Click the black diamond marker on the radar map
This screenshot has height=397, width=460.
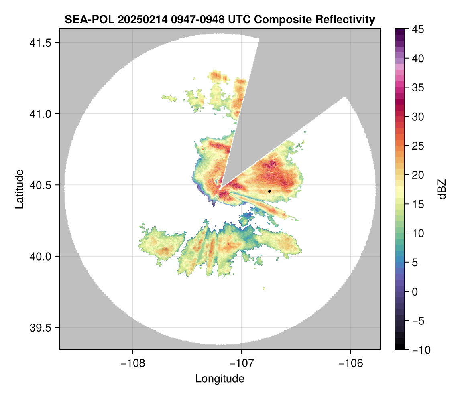tap(269, 191)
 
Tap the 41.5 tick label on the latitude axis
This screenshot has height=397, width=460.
tap(40, 43)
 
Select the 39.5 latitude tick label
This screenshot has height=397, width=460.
tap(40, 328)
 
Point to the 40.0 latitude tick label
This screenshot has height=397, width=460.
tap(40, 256)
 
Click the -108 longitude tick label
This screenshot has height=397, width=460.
tap(132, 363)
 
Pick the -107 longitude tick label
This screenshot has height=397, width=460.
tap(242, 363)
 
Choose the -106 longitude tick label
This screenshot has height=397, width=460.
tap(351, 363)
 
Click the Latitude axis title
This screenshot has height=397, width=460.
tap(20, 189)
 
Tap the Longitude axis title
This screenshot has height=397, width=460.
tap(220, 379)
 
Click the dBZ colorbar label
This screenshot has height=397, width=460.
tap(442, 189)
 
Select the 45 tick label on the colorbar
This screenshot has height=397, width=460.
tap(418, 29)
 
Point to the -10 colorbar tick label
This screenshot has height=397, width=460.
tap(421, 350)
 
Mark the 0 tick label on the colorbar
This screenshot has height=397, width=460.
tap(415, 292)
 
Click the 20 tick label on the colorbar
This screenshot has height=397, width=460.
tap(418, 175)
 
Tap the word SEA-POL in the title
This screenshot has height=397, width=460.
tap(90, 20)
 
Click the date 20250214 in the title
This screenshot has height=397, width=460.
tap(142, 20)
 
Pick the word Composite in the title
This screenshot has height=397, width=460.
tap(283, 20)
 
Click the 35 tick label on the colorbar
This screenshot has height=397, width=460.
tap(418, 87)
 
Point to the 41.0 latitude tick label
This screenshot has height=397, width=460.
tap(40, 114)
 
